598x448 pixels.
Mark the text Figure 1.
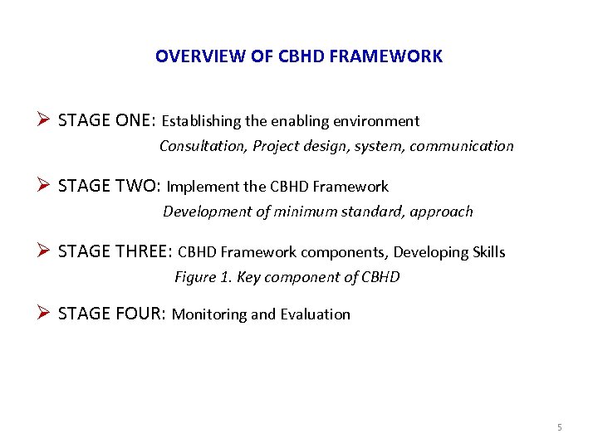point(203,277)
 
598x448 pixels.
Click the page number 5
point(559,427)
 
